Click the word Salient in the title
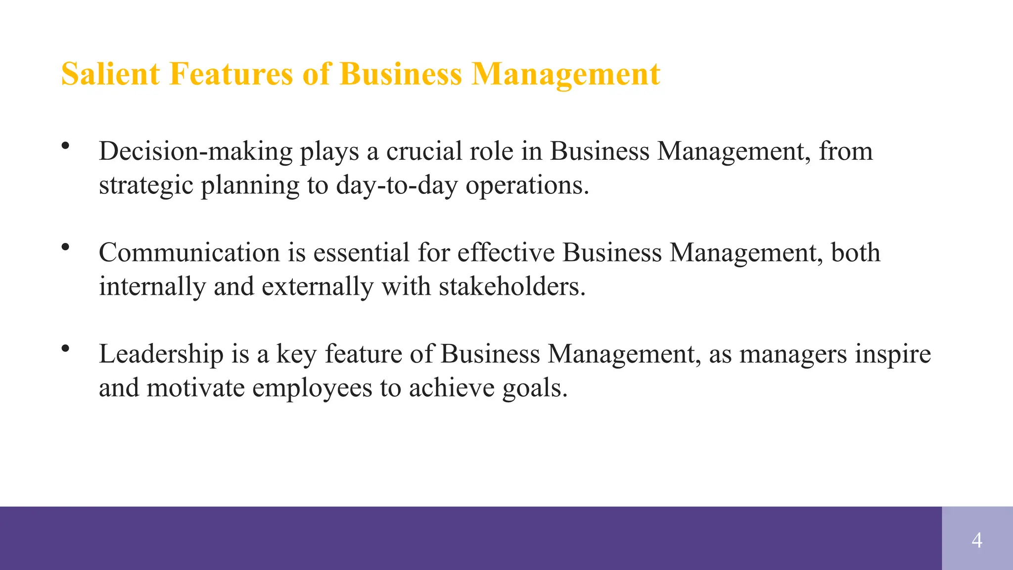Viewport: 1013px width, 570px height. [x=110, y=74]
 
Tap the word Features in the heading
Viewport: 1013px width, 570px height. [x=231, y=74]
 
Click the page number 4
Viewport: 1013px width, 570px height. [x=977, y=540]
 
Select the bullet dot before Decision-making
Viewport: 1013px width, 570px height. [x=65, y=145]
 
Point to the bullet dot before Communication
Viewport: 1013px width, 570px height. [x=65, y=247]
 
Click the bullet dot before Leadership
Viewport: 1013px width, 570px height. [x=65, y=348]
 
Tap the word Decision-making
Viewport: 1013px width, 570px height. [x=196, y=151]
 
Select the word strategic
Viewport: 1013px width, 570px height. [x=146, y=186]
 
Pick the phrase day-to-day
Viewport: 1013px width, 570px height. [x=397, y=186]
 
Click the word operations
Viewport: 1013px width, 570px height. [x=527, y=186]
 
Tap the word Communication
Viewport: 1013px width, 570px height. [x=189, y=253]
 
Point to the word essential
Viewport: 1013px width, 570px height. [x=361, y=253]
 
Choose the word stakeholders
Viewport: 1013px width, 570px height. [x=512, y=287]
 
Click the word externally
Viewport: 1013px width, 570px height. [x=317, y=287]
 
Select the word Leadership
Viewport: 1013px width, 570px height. [x=161, y=354]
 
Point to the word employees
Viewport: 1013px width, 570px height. [x=312, y=388]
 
